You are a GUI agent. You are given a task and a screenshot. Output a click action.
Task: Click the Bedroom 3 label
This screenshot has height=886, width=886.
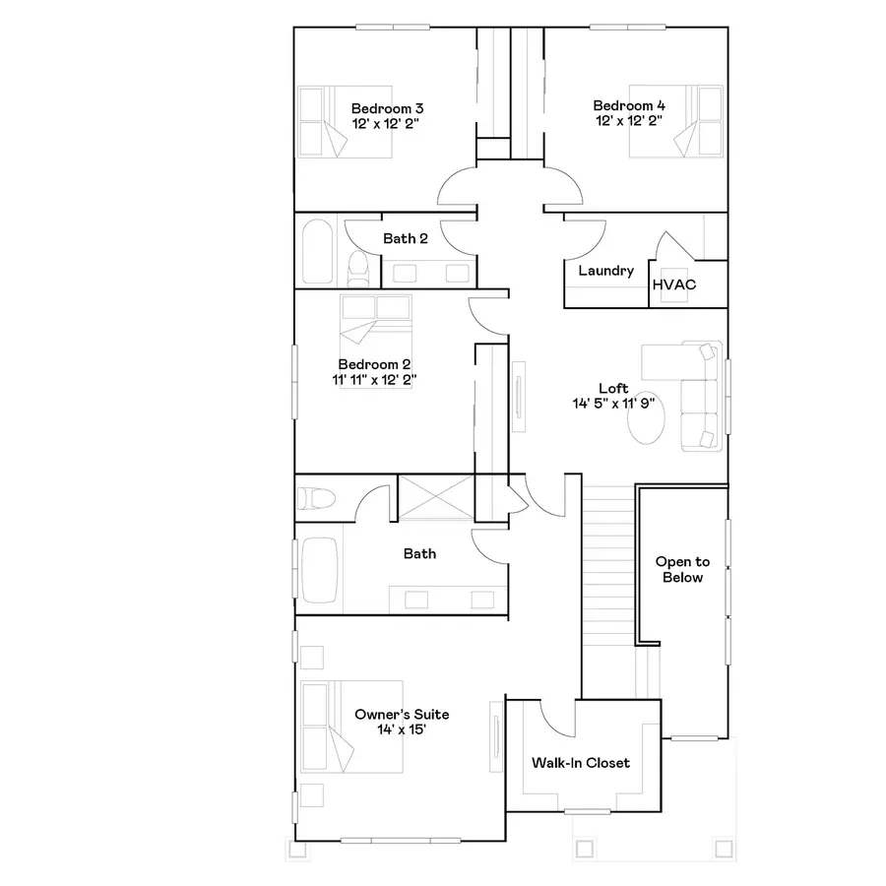pyautogui.click(x=387, y=107)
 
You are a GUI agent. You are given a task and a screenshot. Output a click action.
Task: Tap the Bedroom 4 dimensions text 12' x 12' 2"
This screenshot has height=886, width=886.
pyautogui.click(x=628, y=121)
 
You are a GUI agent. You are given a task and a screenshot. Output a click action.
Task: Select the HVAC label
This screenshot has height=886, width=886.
pyautogui.click(x=673, y=285)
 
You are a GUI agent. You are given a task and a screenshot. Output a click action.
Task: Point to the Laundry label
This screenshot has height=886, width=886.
pyautogui.click(x=605, y=271)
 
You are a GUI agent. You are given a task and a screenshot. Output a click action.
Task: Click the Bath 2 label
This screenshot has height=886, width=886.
pyautogui.click(x=406, y=238)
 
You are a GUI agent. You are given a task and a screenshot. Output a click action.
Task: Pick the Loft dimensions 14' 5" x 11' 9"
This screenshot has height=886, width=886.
pyautogui.click(x=612, y=404)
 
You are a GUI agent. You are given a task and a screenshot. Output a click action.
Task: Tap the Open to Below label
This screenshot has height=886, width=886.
pyautogui.click(x=682, y=569)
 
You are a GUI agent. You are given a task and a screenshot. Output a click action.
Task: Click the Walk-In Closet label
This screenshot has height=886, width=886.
pyautogui.click(x=580, y=763)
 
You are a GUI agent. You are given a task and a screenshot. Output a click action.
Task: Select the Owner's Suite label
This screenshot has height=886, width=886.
pyautogui.click(x=402, y=714)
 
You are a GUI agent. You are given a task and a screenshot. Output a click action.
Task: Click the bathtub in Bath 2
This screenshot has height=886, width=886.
pyautogui.click(x=316, y=251)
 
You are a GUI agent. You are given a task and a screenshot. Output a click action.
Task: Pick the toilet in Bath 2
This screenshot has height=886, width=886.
pyautogui.click(x=358, y=267)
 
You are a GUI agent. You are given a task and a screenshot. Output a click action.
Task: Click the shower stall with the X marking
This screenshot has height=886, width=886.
pyautogui.click(x=435, y=497)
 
